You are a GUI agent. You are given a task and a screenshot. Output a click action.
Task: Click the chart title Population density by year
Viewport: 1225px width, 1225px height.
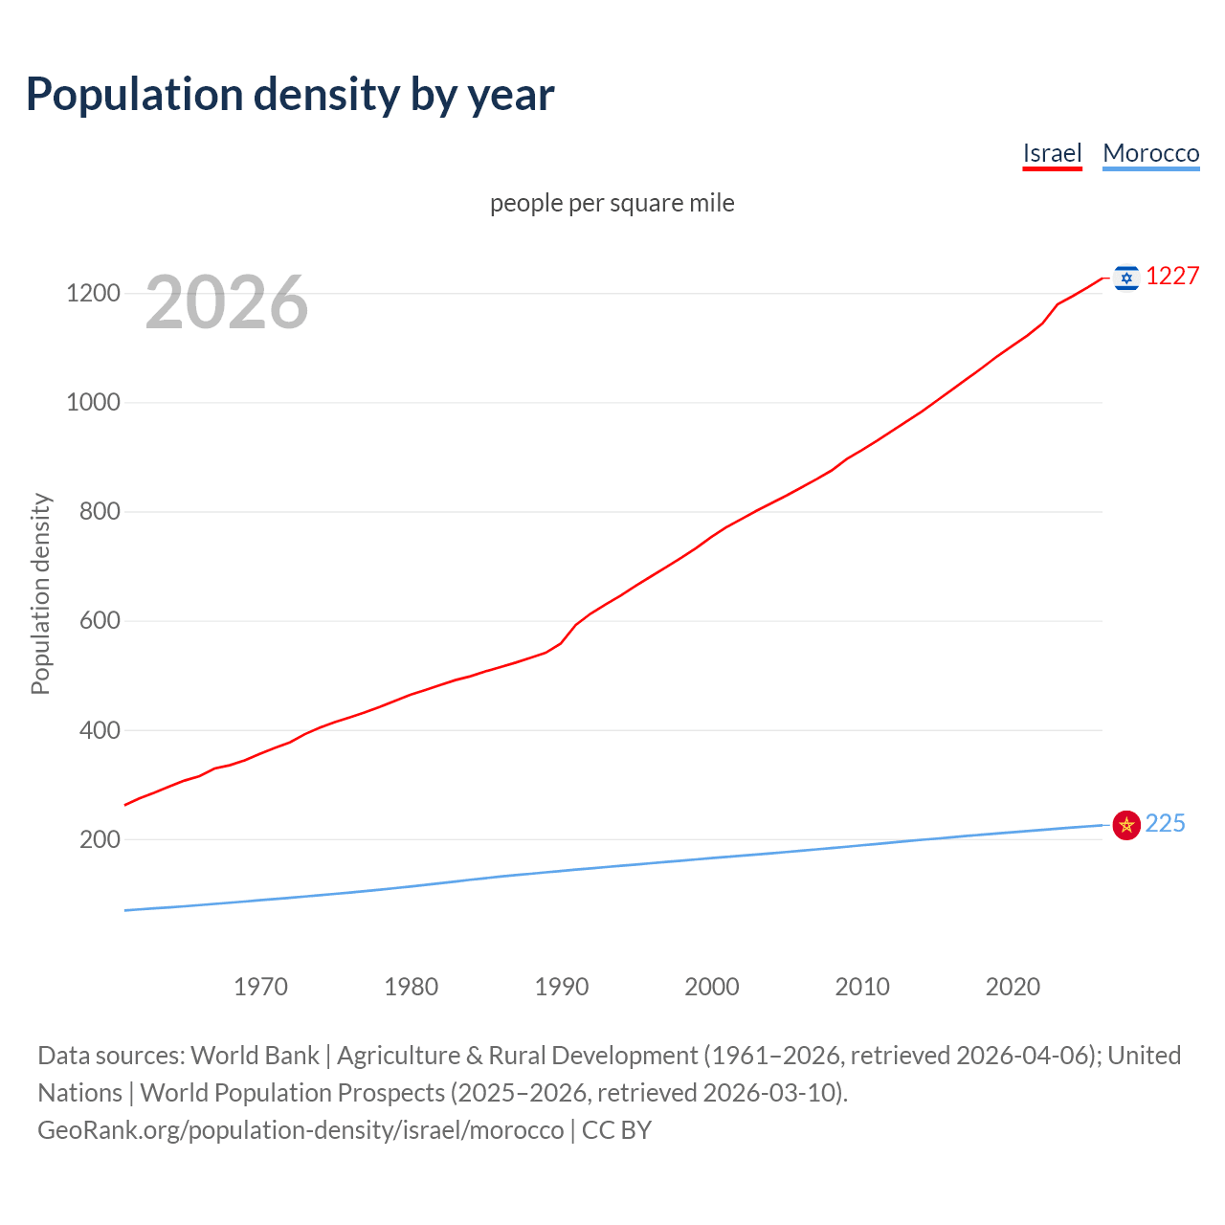(290, 95)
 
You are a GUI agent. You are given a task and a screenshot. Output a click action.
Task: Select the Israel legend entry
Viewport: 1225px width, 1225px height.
(1052, 153)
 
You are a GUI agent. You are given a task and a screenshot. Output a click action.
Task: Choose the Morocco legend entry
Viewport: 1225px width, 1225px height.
(1150, 153)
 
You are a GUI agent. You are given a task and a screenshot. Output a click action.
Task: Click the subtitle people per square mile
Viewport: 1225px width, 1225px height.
(612, 203)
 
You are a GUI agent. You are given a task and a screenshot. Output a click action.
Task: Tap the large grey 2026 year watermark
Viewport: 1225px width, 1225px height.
(227, 302)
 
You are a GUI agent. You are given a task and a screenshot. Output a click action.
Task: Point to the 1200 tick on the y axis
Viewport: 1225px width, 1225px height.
(93, 293)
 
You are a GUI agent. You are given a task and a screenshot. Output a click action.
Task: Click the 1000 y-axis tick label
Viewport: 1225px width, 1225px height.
(93, 402)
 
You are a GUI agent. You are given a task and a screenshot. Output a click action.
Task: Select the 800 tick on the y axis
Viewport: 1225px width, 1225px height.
(100, 511)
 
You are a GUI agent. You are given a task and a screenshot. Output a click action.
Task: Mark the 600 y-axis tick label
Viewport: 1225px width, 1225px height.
(100, 620)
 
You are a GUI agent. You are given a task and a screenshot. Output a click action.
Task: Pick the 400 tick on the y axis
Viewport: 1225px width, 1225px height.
(100, 730)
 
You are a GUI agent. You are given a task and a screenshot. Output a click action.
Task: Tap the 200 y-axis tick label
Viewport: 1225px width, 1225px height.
(100, 839)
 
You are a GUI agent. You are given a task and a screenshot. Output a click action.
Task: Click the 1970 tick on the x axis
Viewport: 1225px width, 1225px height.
(260, 987)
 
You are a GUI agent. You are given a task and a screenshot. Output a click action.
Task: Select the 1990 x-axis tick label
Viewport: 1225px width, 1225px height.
(562, 987)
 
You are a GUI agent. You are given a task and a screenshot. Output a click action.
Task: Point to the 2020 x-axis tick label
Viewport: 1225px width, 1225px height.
(1013, 987)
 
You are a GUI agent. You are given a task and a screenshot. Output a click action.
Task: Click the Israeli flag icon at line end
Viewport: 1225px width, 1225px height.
(1126, 278)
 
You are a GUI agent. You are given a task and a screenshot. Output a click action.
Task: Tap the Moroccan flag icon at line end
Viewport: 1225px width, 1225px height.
(1126, 824)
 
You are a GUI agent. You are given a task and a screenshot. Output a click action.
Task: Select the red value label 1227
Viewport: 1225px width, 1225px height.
(1172, 277)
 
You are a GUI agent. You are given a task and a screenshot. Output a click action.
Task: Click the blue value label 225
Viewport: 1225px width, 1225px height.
(1165, 823)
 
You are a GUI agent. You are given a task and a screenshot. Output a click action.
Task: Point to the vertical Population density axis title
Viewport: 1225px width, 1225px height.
(40, 593)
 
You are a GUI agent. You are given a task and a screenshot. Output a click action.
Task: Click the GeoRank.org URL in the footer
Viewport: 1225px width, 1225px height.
(301, 1130)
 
